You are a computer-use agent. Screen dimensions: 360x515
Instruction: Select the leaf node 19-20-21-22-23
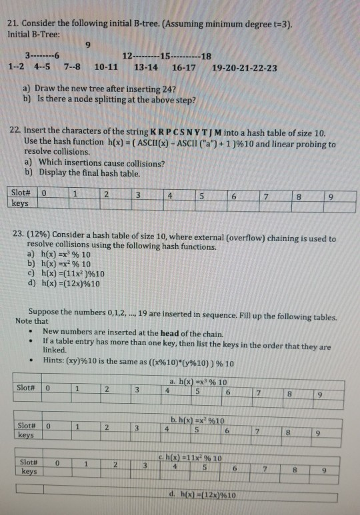244,67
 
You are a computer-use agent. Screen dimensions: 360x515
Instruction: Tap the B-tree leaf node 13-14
146,67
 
